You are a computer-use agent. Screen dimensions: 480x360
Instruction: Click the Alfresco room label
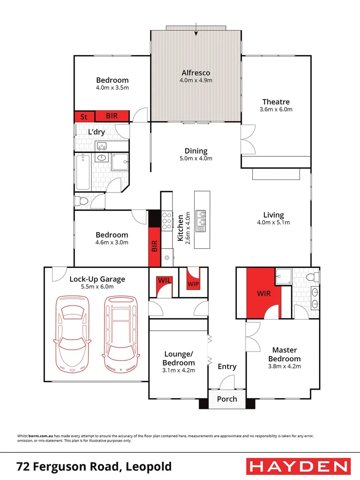[x=196, y=73]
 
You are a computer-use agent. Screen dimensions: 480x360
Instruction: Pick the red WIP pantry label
[x=193, y=283]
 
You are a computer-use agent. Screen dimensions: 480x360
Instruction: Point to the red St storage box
[x=83, y=116]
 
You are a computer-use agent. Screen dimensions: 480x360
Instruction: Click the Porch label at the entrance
[x=227, y=399]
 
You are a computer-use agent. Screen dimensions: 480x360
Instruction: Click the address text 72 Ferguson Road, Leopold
[x=94, y=467]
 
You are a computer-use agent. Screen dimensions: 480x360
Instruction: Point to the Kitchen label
[x=181, y=228]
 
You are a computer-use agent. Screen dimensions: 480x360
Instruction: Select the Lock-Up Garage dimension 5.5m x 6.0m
[x=97, y=287]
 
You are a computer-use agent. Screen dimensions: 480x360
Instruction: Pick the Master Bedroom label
[x=284, y=354]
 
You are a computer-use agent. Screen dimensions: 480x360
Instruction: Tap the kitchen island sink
[x=201, y=221]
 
